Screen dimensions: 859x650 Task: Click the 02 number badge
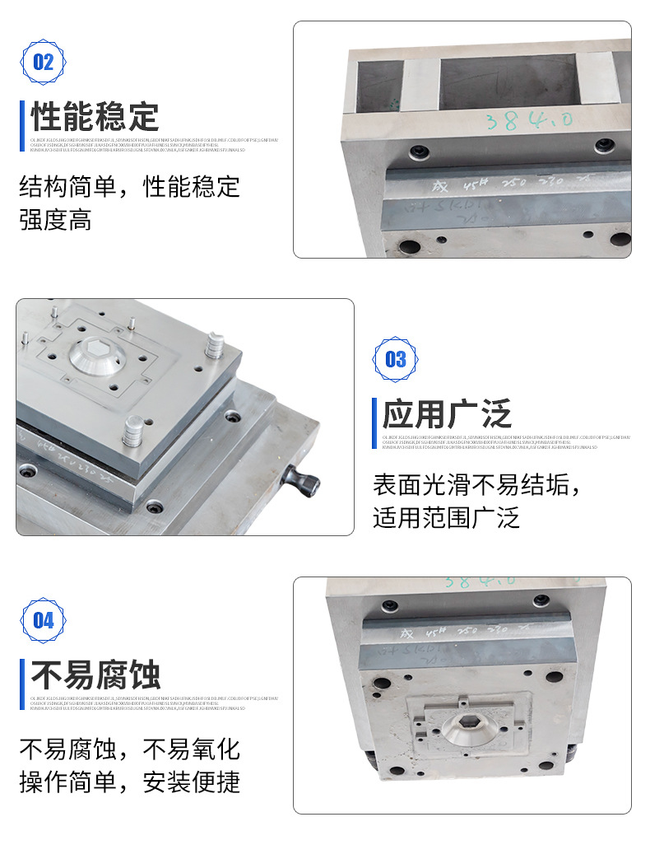pos(43,62)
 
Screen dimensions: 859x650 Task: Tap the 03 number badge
pos(396,359)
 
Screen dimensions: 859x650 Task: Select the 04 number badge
pos(43,620)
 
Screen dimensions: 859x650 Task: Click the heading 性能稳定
pos(95,116)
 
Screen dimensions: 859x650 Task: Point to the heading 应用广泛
pos(447,413)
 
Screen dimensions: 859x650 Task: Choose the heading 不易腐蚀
pos(95,675)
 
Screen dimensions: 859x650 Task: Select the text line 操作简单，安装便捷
pos(130,782)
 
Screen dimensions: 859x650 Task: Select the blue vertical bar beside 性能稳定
pos(22,116)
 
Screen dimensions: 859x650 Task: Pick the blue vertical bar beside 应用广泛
pos(374,413)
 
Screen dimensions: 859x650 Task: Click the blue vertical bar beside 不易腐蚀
pos(22,675)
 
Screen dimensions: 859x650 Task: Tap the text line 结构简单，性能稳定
pos(130,187)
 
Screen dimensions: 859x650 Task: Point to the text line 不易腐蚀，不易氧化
pos(130,749)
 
